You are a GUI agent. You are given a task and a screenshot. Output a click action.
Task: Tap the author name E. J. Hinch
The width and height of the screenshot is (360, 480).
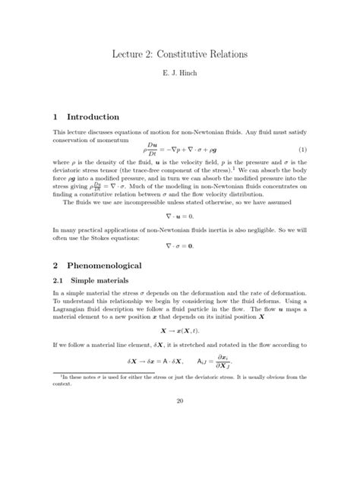[x=179, y=77]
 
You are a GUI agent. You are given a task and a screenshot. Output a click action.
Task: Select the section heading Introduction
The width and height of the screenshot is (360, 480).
[x=93, y=117]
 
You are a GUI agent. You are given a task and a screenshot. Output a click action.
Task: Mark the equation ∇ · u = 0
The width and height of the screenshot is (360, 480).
[x=179, y=216]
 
